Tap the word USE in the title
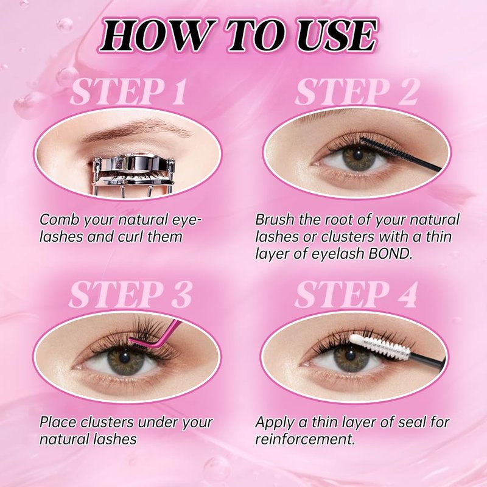pyautogui.click(x=338, y=36)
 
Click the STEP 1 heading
pyautogui.click(x=128, y=92)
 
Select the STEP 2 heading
pyautogui.click(x=357, y=92)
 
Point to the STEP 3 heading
pyautogui.click(x=130, y=295)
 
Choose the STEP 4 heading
pyautogui.click(x=356, y=295)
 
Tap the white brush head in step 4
pyautogui.click(x=381, y=346)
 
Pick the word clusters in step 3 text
pyautogui.click(x=108, y=422)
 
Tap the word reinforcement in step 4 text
pyautogui.click(x=305, y=440)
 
